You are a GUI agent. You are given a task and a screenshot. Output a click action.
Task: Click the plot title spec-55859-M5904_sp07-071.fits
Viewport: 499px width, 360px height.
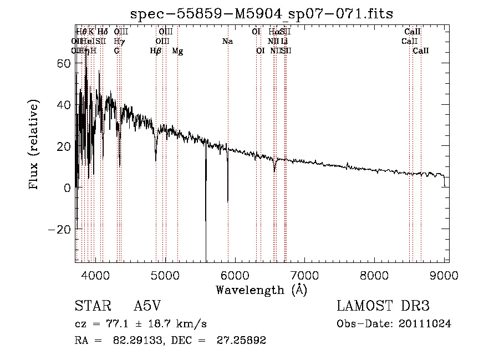point(261,14)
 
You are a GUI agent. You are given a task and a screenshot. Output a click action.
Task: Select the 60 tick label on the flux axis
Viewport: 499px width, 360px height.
point(64,63)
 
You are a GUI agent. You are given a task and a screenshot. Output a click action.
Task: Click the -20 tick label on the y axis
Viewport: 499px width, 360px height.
point(61,229)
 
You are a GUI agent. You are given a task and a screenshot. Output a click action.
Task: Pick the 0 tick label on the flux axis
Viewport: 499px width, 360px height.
point(68,187)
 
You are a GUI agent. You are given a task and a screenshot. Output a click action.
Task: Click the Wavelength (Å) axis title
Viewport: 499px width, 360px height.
point(261,290)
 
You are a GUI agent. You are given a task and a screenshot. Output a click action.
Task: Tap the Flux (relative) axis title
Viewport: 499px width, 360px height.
point(34,145)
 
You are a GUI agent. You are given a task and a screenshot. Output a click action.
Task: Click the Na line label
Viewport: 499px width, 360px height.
point(227,42)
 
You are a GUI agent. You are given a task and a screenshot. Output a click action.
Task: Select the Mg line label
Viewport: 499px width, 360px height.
point(177,51)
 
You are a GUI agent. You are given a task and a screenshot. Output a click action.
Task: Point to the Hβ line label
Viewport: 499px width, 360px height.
point(156,51)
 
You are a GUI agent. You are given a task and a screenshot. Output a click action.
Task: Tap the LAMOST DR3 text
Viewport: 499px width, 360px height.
point(383,306)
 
